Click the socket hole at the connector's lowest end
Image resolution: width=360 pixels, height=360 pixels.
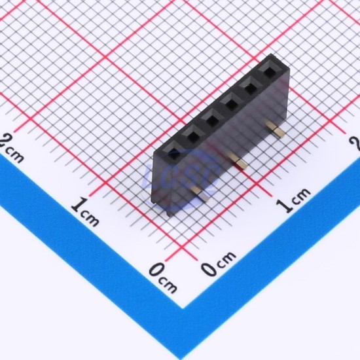tap(175, 154)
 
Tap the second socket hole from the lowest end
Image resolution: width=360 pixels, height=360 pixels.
tap(193, 137)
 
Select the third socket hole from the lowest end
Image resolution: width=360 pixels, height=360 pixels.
tap(211, 120)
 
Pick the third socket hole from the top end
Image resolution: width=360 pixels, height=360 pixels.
tap(231, 104)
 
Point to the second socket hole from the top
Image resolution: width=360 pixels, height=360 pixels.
tap(250, 88)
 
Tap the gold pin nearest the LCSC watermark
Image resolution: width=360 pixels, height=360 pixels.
tap(200, 193)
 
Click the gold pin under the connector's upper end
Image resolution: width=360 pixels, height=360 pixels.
tap(276, 130)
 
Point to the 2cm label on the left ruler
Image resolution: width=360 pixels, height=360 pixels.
tap(12, 148)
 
